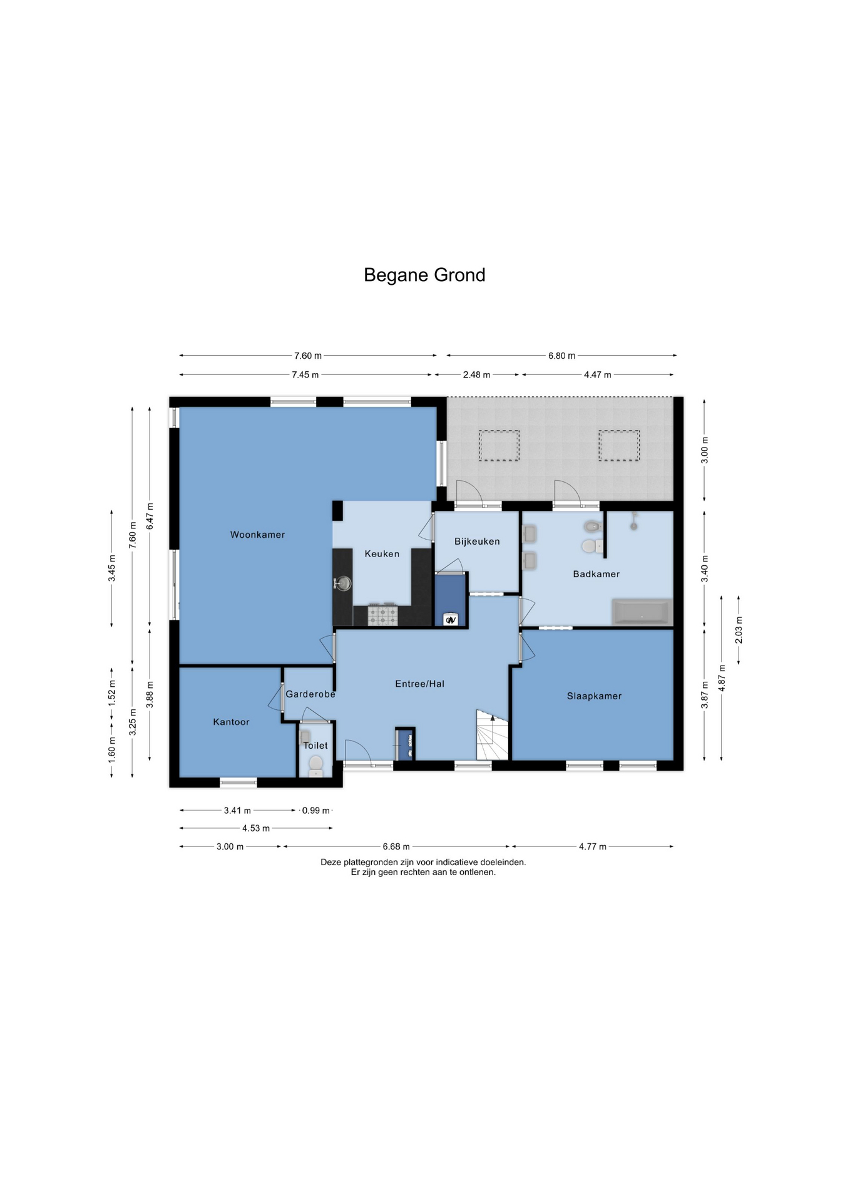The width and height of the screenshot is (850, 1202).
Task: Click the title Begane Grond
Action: (x=424, y=275)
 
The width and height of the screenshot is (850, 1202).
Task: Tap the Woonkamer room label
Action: (x=257, y=535)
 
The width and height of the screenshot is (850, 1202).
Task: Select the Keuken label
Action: (x=382, y=553)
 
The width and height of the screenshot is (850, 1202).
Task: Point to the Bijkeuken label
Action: (x=477, y=542)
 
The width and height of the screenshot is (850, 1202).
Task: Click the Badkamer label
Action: (x=597, y=574)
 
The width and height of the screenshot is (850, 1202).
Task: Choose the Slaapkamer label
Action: (x=594, y=696)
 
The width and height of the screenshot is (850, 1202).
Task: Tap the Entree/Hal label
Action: (x=419, y=684)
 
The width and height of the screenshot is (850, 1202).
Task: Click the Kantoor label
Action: (x=231, y=722)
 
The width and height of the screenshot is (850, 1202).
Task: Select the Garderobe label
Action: (x=310, y=694)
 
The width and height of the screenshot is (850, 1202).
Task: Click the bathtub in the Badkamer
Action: (x=642, y=612)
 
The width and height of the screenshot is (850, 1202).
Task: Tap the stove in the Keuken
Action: (x=382, y=614)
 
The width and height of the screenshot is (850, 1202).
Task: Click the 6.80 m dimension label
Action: (x=561, y=356)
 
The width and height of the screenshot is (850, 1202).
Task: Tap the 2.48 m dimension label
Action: (x=476, y=375)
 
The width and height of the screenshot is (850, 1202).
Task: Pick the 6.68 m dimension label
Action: (x=396, y=846)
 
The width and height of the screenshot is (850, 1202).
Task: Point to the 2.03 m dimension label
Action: (x=739, y=630)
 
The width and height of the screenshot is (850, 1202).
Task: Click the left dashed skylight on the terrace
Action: (x=499, y=446)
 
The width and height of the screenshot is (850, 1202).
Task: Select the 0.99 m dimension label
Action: (x=315, y=810)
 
